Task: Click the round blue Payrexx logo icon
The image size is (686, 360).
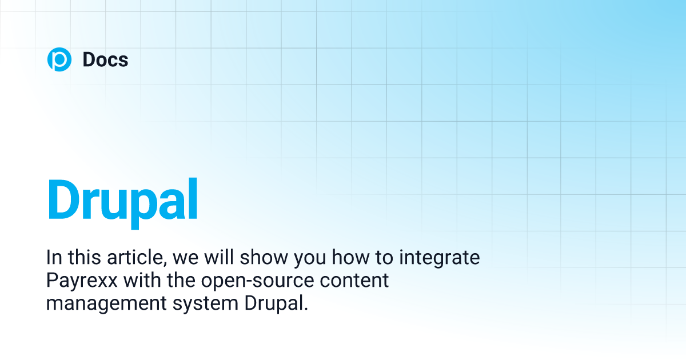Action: pyautogui.click(x=59, y=59)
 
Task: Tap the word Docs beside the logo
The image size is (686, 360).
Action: pyautogui.click(x=105, y=59)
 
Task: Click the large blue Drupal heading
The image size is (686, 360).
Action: pyautogui.click(x=122, y=201)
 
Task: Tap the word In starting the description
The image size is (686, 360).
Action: pyautogui.click(x=53, y=258)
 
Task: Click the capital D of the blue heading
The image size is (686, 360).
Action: pyautogui.click(x=64, y=200)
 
